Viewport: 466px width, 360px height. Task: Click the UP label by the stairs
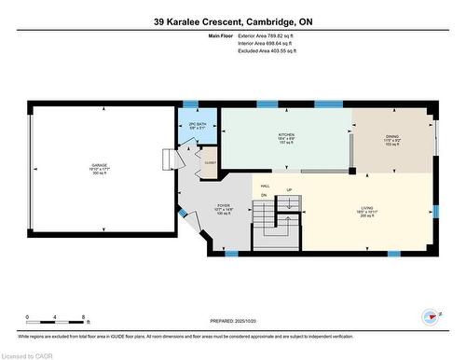289,191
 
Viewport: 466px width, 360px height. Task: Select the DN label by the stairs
264,195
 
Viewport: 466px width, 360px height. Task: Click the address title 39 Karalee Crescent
232,20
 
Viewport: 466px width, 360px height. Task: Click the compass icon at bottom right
432,315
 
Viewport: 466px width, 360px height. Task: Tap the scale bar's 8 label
84,318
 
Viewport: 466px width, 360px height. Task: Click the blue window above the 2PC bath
191,104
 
